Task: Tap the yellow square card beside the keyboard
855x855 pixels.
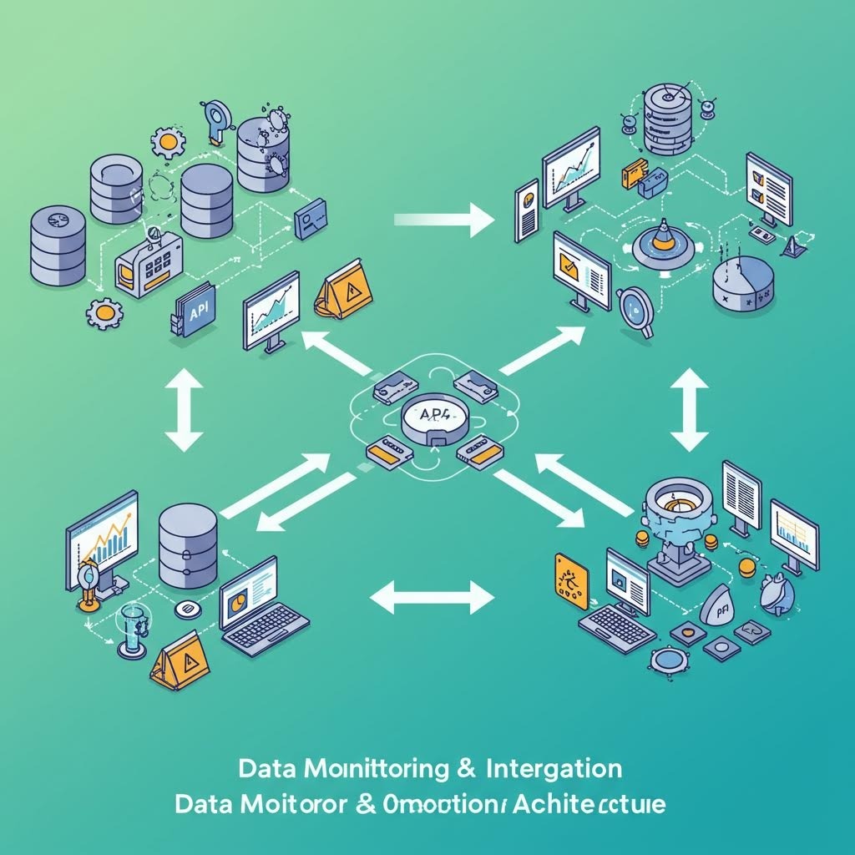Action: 572,577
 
